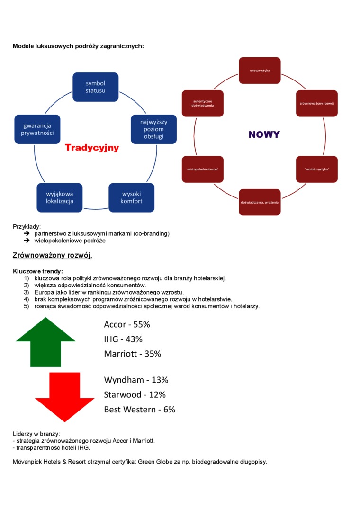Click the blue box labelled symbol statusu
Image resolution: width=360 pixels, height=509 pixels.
95,87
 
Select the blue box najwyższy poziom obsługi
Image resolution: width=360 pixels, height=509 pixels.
153,129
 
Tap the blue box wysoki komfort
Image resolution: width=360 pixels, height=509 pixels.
131,197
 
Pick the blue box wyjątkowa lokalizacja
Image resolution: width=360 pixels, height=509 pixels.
60,197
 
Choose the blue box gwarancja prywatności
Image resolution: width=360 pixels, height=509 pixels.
37,129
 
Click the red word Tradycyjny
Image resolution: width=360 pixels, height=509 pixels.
92,148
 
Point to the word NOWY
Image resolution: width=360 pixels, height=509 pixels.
264,134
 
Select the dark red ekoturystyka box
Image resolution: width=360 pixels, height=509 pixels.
260,71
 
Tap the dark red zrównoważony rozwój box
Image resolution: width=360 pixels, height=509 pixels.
317,103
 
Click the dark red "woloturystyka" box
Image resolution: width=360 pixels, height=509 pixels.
317,169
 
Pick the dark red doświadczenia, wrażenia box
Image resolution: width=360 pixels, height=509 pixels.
260,202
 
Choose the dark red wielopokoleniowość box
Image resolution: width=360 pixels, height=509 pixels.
202,169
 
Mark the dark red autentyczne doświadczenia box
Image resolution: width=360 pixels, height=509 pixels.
202,103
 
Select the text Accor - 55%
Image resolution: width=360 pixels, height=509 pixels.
127,325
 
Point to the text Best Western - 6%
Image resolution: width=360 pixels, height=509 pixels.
140,410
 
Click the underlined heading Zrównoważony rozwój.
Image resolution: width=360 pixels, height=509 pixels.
53,256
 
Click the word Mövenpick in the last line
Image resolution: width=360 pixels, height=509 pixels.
27,462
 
